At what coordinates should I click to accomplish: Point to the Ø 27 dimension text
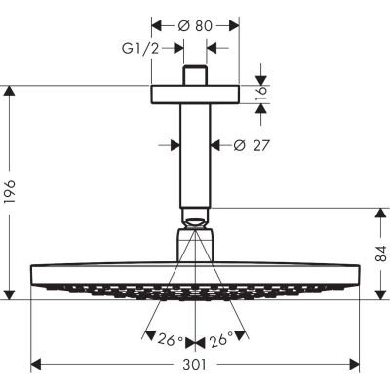(252, 146)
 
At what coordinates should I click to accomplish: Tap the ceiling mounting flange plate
(196, 93)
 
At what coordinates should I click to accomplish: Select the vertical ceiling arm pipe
(196, 156)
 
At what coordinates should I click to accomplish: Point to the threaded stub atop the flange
(196, 75)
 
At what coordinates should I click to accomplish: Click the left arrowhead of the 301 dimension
(35, 367)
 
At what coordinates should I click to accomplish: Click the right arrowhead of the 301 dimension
(357, 367)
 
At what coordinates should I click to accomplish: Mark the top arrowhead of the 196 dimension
(11, 91)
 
